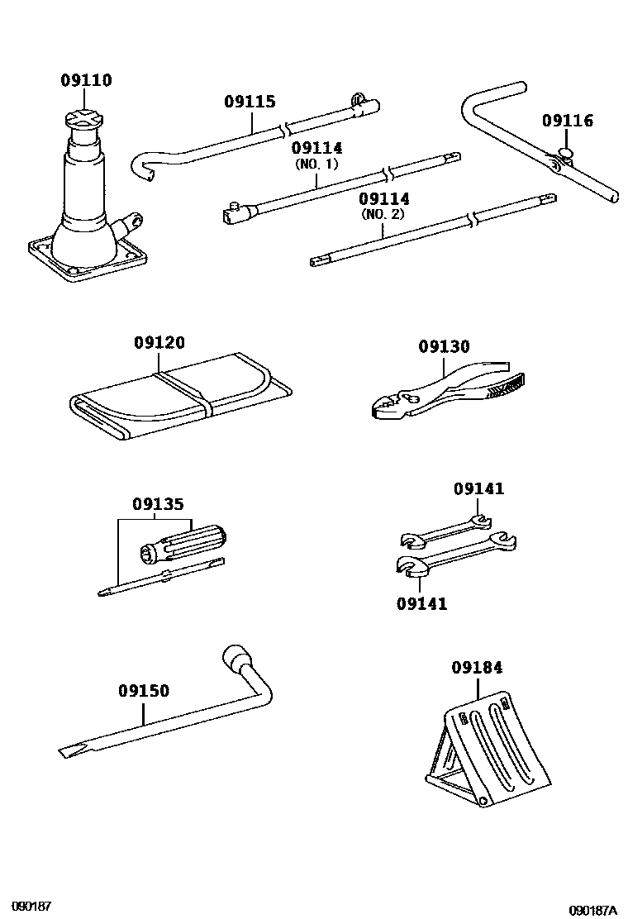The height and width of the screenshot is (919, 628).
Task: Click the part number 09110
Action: click(86, 81)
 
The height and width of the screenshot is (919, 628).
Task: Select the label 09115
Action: click(250, 102)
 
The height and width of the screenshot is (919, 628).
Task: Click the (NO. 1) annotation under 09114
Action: click(316, 164)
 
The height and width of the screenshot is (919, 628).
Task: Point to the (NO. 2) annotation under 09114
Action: click(384, 215)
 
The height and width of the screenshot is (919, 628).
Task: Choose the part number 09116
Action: click(568, 121)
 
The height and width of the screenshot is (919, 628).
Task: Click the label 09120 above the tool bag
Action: click(159, 343)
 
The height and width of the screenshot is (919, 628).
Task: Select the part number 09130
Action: click(444, 347)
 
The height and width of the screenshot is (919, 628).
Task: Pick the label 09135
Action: click(158, 504)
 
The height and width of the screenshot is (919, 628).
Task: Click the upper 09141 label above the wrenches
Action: click(478, 489)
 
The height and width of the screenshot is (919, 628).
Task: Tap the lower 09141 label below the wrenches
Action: click(421, 604)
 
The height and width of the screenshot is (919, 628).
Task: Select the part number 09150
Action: click(144, 690)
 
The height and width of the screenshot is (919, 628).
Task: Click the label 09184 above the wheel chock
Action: click(477, 667)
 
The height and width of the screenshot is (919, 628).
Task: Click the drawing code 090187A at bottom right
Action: click(594, 910)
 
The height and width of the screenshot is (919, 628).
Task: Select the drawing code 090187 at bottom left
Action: click(31, 907)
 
